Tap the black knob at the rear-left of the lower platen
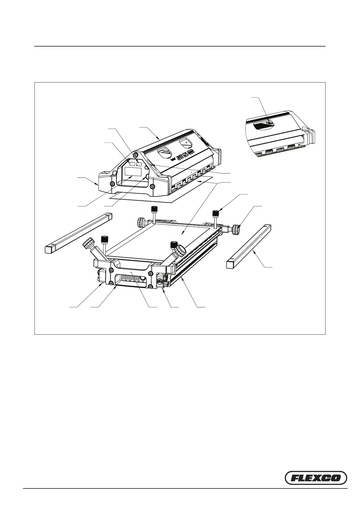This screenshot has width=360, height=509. click(154, 209)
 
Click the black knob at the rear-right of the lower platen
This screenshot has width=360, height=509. click(216, 213)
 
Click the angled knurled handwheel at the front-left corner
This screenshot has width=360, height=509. click(89, 243)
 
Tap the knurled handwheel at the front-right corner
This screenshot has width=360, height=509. click(180, 250)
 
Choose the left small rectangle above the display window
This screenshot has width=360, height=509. click(132, 163)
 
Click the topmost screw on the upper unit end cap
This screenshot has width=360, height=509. click(136, 155)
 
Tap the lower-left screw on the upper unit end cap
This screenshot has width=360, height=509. click(112, 184)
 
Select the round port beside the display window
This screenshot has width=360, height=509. click(148, 176)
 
